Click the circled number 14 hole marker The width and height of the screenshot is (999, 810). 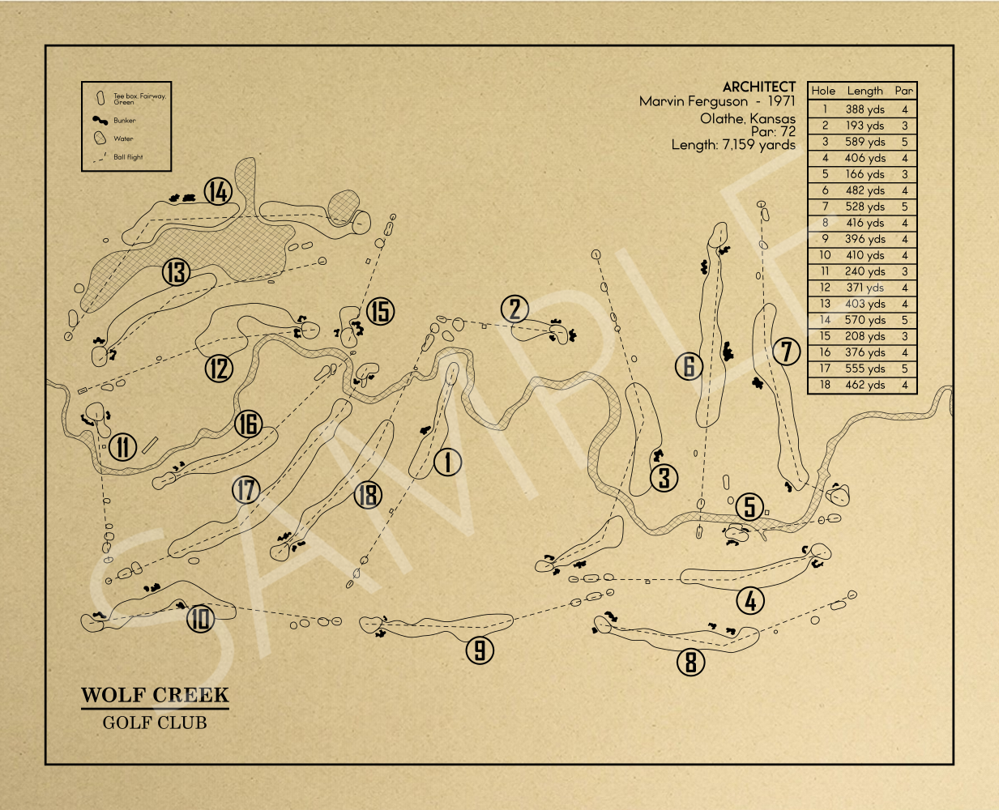pyautogui.click(x=218, y=192)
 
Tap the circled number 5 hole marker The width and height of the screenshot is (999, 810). pyautogui.click(x=750, y=507)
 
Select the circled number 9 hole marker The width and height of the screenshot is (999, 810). pyautogui.click(x=480, y=650)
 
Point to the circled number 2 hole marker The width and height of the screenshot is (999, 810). pyautogui.click(x=514, y=309)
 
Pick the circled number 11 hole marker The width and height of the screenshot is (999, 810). pyautogui.click(x=122, y=446)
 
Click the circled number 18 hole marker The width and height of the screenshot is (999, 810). pyautogui.click(x=368, y=494)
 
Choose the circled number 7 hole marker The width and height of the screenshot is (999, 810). pyautogui.click(x=786, y=352)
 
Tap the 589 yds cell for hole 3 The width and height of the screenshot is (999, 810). pyautogui.click(x=865, y=142)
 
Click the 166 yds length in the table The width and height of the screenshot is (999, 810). pyautogui.click(x=865, y=174)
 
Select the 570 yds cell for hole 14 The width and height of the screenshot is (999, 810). pyautogui.click(x=865, y=320)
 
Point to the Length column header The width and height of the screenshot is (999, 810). pyautogui.click(x=865, y=91)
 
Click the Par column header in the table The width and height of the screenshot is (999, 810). pyautogui.click(x=904, y=91)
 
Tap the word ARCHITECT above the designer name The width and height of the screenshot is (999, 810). pyautogui.click(x=759, y=87)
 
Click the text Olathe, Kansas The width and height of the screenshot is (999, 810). pyautogui.click(x=748, y=118)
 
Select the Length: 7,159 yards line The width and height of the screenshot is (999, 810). pyautogui.click(x=733, y=145)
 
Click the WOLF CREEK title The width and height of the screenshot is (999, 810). pyautogui.click(x=155, y=695)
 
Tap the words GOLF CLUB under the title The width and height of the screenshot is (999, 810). pyautogui.click(x=155, y=723)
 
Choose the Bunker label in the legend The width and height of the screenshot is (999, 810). pyautogui.click(x=125, y=121)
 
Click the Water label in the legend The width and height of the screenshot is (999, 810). pyautogui.click(x=123, y=139)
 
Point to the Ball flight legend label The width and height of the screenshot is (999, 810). pyautogui.click(x=128, y=157)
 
